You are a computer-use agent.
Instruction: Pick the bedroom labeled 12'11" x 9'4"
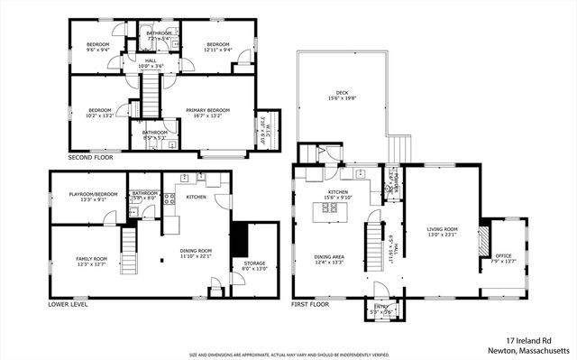[x=218, y=47]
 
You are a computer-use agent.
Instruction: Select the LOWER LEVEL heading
[x=68, y=305]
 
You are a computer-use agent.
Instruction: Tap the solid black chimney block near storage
[x=239, y=239]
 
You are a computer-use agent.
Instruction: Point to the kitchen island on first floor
[x=329, y=212]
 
